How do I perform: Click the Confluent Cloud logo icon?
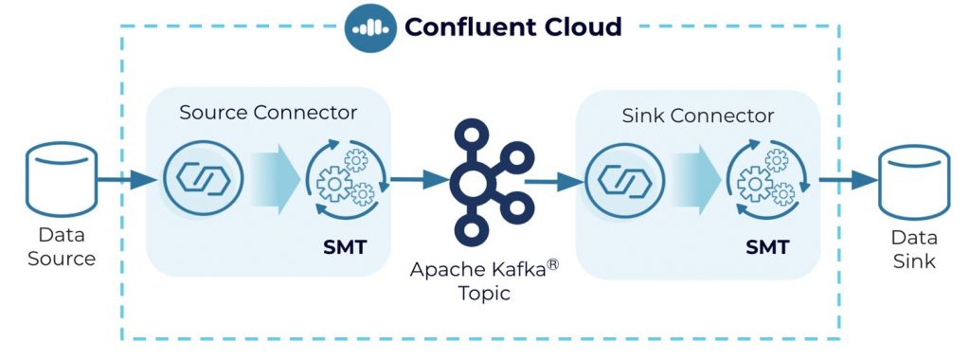point(369,27)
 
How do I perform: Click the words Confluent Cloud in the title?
point(512,27)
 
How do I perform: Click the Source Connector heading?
point(268,112)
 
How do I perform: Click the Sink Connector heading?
point(697,116)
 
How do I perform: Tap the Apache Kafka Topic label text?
point(484,280)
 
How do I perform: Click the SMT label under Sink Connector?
point(767,248)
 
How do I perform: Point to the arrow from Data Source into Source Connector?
point(128,178)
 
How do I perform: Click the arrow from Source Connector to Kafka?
point(418,178)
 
